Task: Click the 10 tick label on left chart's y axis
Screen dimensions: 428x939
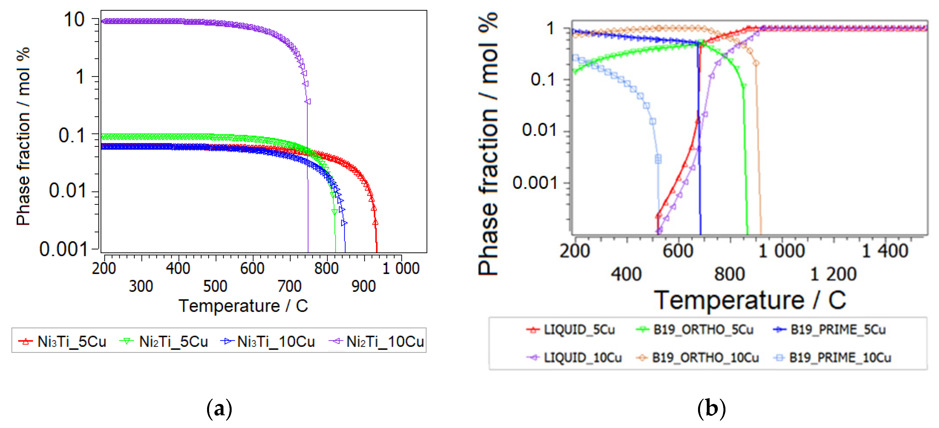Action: pyautogui.click(x=74, y=20)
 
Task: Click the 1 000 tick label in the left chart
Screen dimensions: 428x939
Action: pyautogui.click(x=401, y=268)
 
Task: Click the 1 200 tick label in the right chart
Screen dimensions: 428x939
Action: pyautogui.click(x=833, y=274)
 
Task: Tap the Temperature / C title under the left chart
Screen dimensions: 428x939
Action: pyautogui.click(x=243, y=306)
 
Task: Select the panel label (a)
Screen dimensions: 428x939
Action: pyautogui.click(x=219, y=409)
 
